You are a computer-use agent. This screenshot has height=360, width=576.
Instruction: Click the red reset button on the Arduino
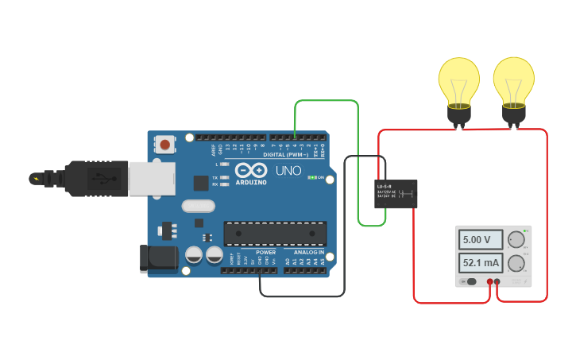pos(164,145)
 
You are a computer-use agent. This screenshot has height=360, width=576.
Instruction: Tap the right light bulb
pos(513,83)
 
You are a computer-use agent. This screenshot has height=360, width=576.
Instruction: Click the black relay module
pos(396,193)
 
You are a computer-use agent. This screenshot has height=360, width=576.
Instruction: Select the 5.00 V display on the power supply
pos(481,239)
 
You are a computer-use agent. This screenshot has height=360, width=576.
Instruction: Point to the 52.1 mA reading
pos(481,263)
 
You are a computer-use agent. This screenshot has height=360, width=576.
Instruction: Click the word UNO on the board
pos(288,171)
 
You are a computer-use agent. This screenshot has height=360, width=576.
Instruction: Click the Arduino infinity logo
pos(251,170)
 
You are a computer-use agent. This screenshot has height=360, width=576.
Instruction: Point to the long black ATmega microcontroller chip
pos(275,233)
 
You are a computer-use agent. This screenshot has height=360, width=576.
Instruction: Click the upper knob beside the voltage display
pos(516,238)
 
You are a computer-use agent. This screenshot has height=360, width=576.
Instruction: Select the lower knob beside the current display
pos(516,263)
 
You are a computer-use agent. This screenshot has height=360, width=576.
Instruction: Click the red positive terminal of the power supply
pos(490,281)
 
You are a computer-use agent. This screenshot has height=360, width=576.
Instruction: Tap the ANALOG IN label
pos(304,252)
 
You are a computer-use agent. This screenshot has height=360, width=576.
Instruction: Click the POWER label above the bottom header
pos(265,252)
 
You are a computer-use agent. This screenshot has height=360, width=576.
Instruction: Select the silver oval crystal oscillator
pos(198,206)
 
